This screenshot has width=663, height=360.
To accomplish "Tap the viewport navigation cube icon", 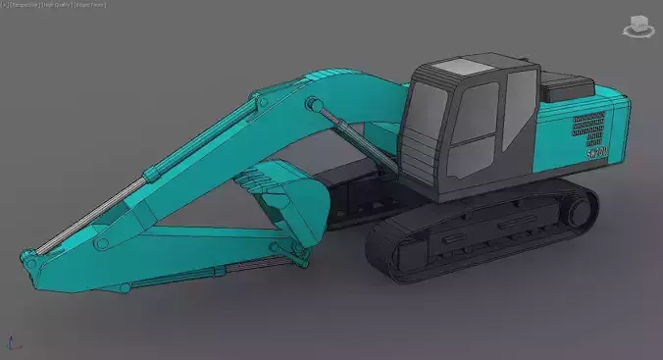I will click(639, 26).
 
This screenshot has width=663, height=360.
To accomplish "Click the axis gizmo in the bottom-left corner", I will click(12, 344).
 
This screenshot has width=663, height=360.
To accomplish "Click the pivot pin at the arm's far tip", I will click(31, 264).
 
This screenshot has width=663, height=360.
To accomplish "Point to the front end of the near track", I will click(382, 257).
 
